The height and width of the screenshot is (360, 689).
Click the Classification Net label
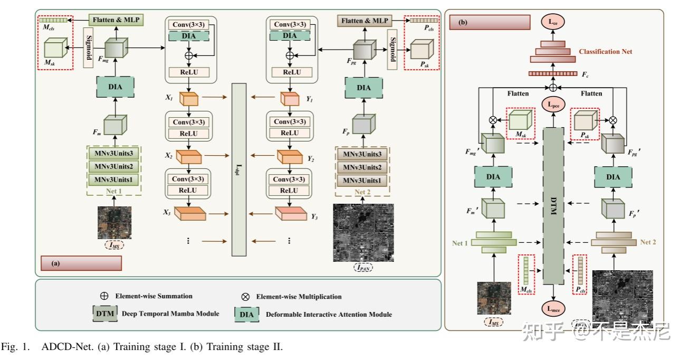(x=605, y=52)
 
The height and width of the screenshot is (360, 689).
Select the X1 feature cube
(x=188, y=99)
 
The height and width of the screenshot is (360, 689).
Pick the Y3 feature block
(x=290, y=213)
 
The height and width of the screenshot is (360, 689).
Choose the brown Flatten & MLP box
(x=365, y=21)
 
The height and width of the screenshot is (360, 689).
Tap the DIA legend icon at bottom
(x=246, y=314)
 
